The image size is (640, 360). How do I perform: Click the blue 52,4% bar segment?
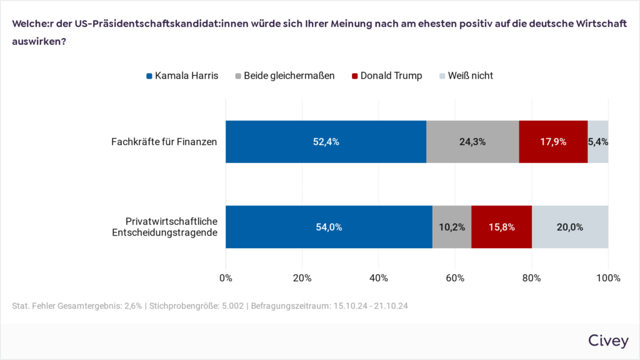[x=326, y=142]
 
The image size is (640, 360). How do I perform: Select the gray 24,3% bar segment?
[x=472, y=142]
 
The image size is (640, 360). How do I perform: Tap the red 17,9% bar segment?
[x=553, y=142]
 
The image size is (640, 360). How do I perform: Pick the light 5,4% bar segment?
[x=598, y=142]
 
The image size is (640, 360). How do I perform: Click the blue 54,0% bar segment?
[x=329, y=227]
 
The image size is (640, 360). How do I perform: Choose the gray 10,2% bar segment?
[x=452, y=227]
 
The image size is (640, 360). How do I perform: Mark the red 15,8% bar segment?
[x=501, y=227]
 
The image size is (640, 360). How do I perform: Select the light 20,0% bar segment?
[x=570, y=227]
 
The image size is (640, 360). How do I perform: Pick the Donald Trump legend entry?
[x=387, y=76]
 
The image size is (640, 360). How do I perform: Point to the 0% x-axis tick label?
[x=226, y=278]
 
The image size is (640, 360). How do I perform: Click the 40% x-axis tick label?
[x=379, y=278]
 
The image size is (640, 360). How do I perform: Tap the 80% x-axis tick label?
[x=532, y=278]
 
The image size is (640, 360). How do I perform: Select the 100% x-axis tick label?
[x=608, y=278]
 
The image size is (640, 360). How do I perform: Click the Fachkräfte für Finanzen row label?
[x=164, y=142]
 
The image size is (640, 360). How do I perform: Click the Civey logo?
[x=607, y=340]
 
